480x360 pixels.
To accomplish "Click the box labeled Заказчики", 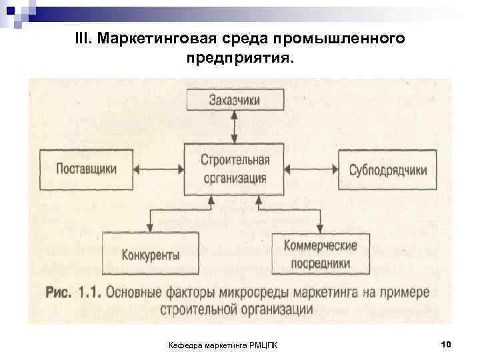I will [x=234, y=100].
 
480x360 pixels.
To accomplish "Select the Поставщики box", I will [x=86, y=168].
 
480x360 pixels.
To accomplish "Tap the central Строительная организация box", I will [x=234, y=168].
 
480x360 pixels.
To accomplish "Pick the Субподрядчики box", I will [x=387, y=168].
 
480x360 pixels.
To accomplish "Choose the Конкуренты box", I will [x=151, y=254].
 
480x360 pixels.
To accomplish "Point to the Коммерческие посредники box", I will [x=320, y=254].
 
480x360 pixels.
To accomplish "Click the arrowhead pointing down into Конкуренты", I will [x=151, y=227].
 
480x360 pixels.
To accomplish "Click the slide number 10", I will [x=446, y=343].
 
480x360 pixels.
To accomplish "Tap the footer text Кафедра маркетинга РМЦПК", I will [x=224, y=344].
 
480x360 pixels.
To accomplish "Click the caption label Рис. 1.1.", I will [x=71, y=292].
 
